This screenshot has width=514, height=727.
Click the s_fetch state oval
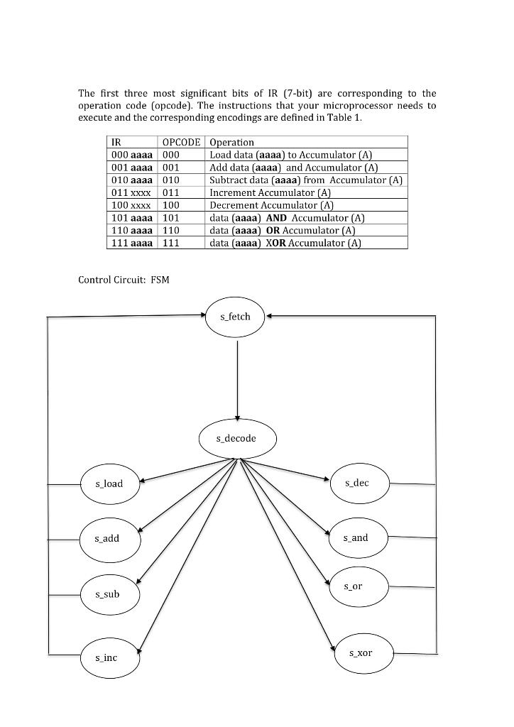click(236, 317)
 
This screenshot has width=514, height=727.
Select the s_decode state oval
click(236, 439)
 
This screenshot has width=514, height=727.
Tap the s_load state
click(109, 483)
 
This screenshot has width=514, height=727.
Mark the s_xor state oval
click(361, 652)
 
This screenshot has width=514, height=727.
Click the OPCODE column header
click(182, 142)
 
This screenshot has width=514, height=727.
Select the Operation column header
click(232, 142)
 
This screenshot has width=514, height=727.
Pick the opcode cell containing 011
click(171, 192)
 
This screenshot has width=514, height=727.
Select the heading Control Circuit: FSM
click(124, 280)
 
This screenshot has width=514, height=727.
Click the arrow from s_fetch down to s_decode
click(237, 376)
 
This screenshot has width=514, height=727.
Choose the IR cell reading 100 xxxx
click(130, 205)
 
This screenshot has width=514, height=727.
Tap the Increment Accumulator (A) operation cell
click(270, 192)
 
